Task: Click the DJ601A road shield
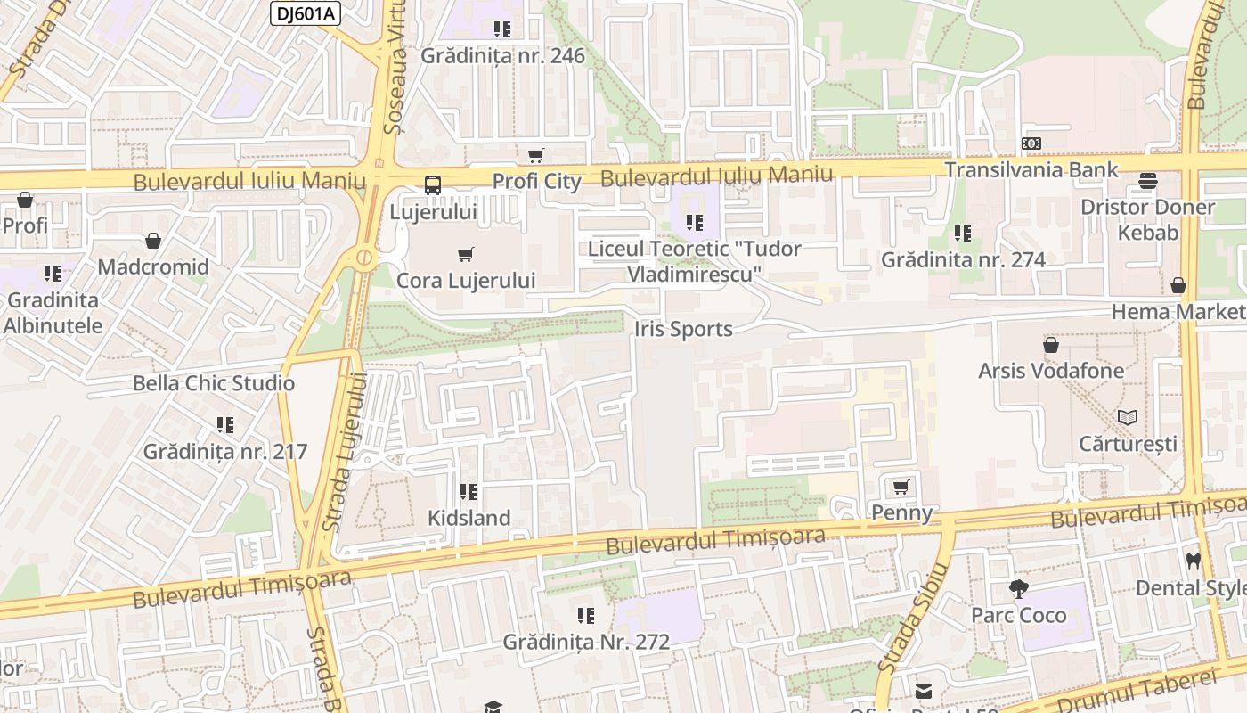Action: coord(305,12)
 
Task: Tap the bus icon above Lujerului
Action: coord(433,185)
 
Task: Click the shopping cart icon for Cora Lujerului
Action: coord(465,255)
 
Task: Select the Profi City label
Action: coord(536,182)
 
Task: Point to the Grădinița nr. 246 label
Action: coord(502,56)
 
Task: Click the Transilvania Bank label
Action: coord(1031,169)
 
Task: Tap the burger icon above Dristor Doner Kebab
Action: coord(1147,182)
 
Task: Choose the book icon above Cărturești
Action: coord(1128,417)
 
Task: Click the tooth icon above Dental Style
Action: coord(1193,561)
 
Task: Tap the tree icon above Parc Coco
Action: coord(1018,589)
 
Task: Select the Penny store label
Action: coord(901,512)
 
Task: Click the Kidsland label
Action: coord(469,518)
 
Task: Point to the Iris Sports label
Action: coord(683,329)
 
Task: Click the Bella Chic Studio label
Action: coord(213,383)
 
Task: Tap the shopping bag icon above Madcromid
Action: coord(153,241)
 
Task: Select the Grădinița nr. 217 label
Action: coord(225,451)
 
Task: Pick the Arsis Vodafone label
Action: coord(1051,370)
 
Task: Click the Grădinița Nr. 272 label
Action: coord(586,642)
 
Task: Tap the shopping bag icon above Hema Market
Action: coord(1178,285)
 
